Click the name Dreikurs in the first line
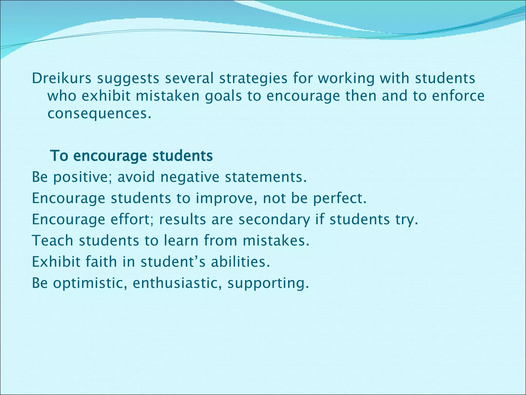[x=61, y=78]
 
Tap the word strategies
[x=253, y=79]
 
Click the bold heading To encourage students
[x=131, y=156]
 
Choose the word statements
[x=266, y=177]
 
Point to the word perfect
[x=340, y=199]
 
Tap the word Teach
[x=52, y=241]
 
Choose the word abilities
[x=240, y=262]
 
